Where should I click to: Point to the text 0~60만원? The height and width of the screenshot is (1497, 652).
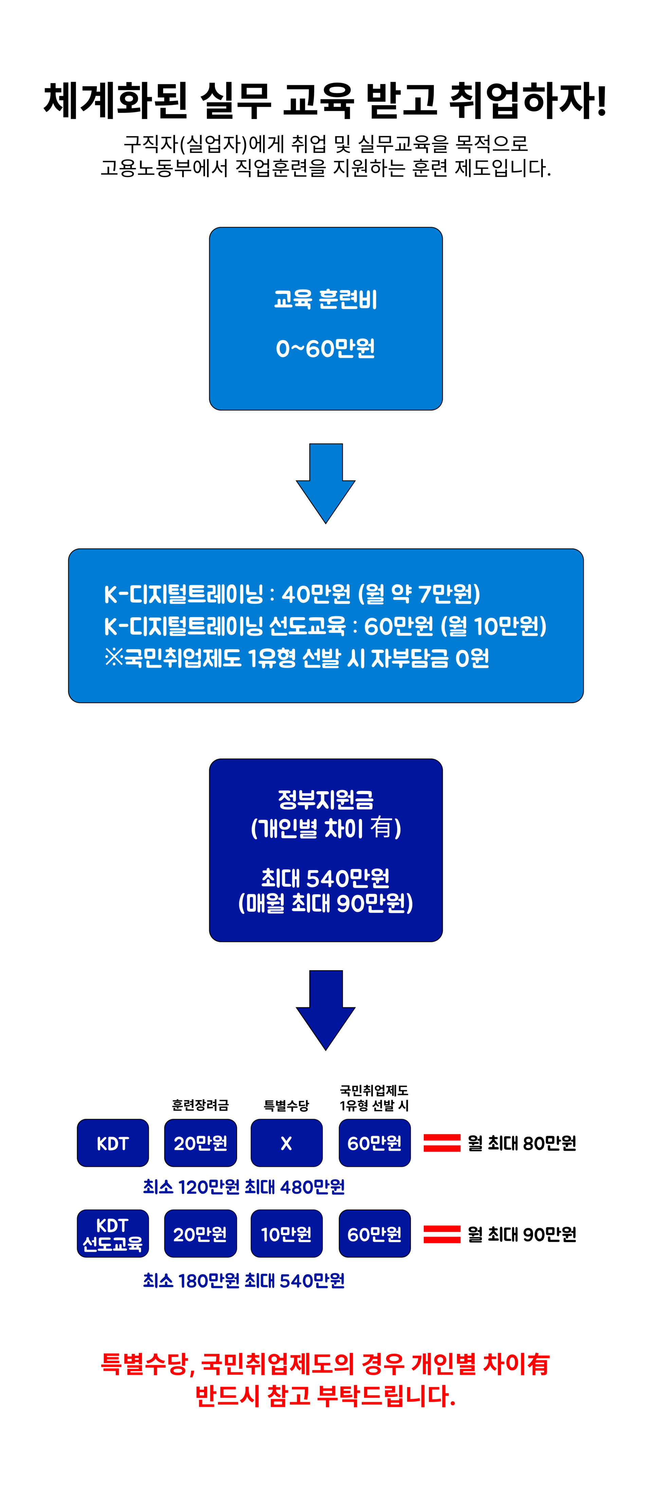point(326,349)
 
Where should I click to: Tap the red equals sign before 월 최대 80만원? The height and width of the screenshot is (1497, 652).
point(442,1142)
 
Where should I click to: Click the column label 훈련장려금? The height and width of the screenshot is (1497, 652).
point(200,1105)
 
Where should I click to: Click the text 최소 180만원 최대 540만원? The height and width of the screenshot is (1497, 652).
point(244,1280)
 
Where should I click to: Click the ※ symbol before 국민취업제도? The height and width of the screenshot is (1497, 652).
point(114,658)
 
